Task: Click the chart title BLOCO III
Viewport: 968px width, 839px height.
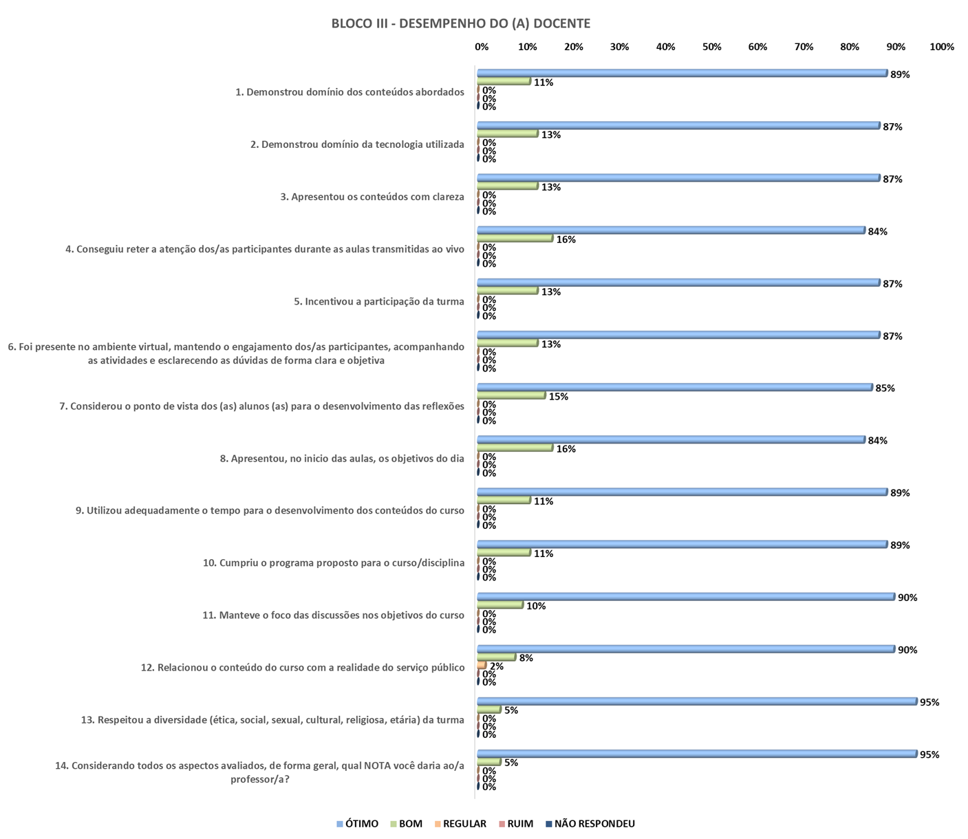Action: point(460,23)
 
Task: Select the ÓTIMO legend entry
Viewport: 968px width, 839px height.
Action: point(358,824)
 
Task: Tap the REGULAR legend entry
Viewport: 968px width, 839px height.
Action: point(460,824)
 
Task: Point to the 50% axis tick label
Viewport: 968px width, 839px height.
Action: point(711,47)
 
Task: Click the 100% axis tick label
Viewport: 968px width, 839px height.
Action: point(941,47)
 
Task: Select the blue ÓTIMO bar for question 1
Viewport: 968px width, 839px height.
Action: point(682,73)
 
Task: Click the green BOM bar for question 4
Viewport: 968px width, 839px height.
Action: point(515,238)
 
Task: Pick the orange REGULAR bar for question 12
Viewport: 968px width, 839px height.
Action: point(482,666)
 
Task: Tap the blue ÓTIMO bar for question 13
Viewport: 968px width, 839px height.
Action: point(696,701)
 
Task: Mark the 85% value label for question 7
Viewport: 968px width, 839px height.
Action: point(885,388)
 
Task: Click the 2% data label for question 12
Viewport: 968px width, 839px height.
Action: point(496,666)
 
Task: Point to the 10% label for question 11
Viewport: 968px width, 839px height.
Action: point(535,606)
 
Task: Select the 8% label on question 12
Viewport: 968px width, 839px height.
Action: point(526,658)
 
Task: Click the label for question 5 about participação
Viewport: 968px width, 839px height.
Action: point(379,301)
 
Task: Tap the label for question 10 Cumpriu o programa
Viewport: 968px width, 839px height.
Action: point(334,563)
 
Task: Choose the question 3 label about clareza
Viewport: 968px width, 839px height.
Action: point(372,197)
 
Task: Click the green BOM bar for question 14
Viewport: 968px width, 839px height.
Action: point(489,762)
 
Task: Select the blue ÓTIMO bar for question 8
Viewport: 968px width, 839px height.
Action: point(671,439)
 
